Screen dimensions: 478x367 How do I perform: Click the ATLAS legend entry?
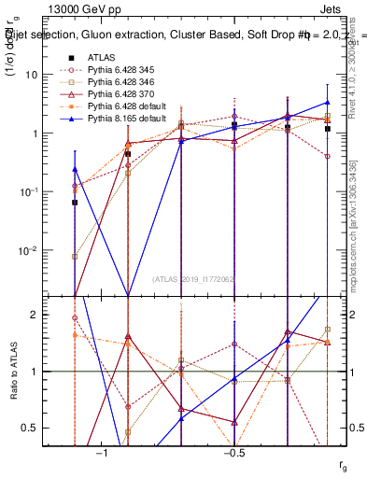point(102,58)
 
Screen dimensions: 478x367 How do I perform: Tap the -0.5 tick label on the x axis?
point(233,453)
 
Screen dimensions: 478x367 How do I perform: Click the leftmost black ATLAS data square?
point(75,202)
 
